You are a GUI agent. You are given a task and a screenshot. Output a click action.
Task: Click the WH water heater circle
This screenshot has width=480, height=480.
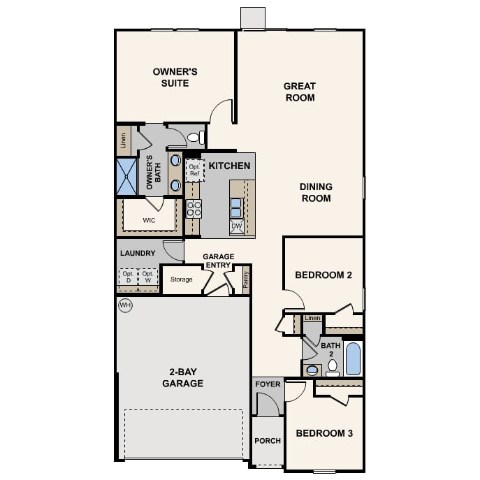point(125,305)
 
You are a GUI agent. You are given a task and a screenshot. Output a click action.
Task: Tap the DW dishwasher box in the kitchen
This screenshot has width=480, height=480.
point(237,226)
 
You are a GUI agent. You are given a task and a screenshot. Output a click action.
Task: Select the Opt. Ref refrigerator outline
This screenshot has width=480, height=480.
point(195,170)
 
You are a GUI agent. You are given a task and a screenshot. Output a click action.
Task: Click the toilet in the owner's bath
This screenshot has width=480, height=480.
point(196,137)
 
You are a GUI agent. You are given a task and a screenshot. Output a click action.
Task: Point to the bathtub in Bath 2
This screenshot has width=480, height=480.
point(353,358)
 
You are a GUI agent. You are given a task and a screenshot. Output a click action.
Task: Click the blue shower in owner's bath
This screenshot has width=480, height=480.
point(126,176)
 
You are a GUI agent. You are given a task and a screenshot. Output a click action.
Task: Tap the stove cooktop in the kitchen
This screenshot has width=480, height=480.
point(194,209)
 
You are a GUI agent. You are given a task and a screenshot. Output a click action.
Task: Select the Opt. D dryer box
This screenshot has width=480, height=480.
point(129,277)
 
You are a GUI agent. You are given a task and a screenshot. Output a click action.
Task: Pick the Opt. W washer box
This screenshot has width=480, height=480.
point(148,277)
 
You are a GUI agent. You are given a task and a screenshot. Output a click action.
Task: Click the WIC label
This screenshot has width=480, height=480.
point(149,220)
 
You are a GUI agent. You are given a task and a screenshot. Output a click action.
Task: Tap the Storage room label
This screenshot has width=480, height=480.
point(182,279)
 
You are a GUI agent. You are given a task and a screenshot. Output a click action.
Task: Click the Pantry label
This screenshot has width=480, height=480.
point(246,279)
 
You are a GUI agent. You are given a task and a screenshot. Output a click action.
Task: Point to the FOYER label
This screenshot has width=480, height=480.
point(268,384)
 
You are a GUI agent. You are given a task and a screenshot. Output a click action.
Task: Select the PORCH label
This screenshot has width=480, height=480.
point(268,441)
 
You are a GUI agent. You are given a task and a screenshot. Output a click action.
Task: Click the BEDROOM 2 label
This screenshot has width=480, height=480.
point(323,275)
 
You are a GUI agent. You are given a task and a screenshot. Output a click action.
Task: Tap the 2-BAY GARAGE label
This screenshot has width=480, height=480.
point(183,377)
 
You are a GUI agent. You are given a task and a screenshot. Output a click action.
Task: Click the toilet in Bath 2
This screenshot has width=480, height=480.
point(333,368)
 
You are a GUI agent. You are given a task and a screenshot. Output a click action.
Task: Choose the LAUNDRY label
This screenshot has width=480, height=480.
point(138,253)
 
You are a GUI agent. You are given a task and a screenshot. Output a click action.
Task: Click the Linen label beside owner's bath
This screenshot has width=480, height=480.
point(124,140)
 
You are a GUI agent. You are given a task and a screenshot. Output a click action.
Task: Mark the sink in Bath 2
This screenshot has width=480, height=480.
point(312,370)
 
